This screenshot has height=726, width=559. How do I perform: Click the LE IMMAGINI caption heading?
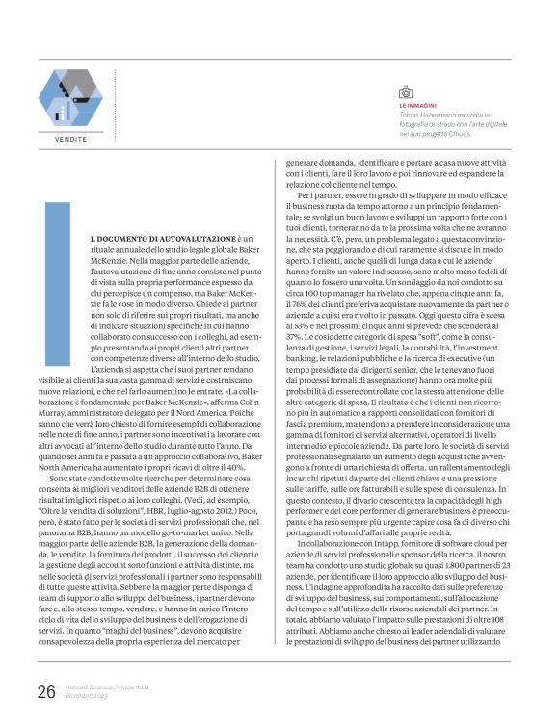tap(418, 106)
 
